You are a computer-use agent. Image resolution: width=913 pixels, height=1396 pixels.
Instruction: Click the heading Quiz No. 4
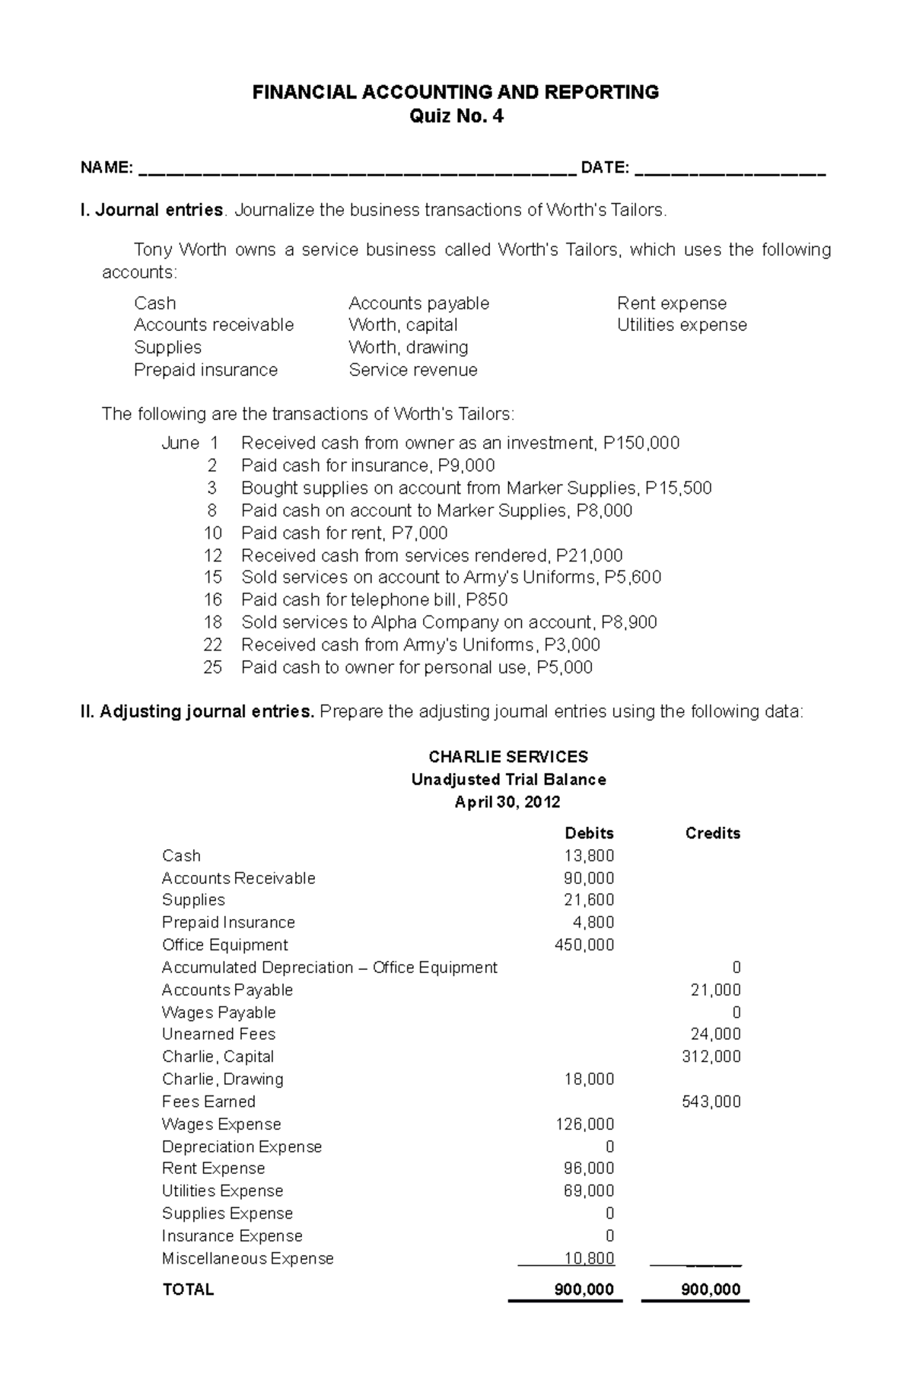tap(456, 116)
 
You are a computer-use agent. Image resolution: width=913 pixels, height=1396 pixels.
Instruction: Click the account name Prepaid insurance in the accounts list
tap(205, 370)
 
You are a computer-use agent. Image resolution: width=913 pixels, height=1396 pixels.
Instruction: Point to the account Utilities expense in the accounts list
tap(682, 325)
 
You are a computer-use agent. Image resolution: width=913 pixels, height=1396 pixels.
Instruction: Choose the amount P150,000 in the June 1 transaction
tap(641, 443)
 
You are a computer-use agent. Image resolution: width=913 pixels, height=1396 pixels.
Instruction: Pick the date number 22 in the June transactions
tap(212, 644)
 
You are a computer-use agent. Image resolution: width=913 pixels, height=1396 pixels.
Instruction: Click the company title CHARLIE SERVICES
tap(507, 756)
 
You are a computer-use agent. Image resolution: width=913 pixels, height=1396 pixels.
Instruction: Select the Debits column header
tap(589, 833)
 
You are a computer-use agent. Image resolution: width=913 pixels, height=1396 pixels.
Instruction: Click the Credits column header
tap(712, 833)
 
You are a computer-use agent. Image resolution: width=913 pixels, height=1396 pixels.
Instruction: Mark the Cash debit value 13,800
tap(589, 855)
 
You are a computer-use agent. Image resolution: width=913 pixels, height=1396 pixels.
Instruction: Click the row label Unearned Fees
tap(218, 1034)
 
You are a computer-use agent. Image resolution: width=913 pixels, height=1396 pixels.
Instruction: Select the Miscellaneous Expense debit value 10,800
tap(589, 1258)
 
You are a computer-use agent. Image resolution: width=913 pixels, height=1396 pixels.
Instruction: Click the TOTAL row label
tap(188, 1289)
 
